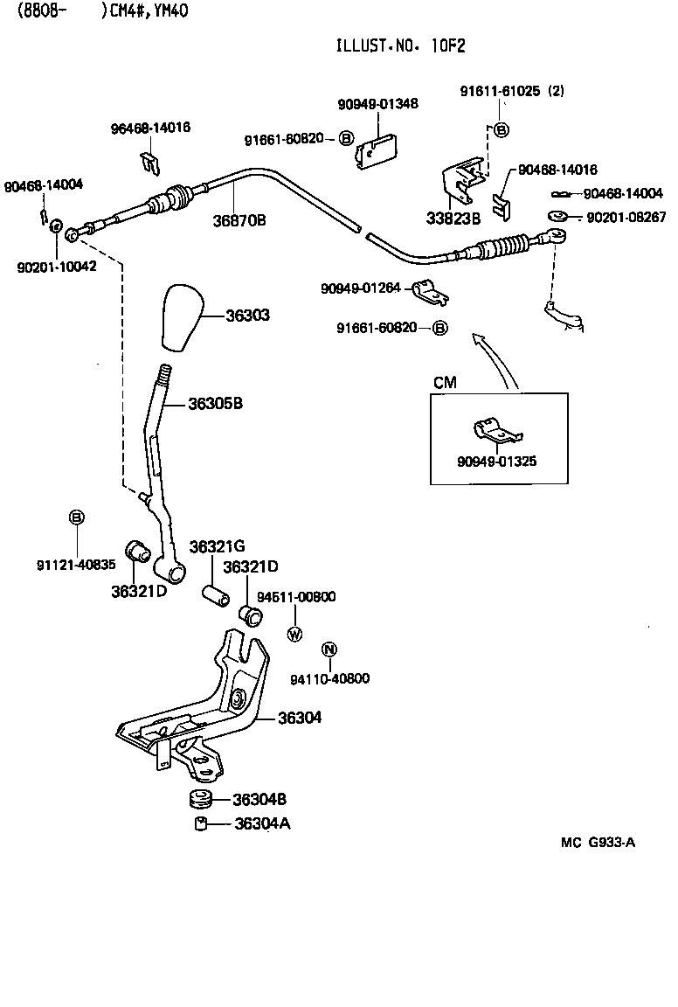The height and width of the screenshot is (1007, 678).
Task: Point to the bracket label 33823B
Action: (x=453, y=219)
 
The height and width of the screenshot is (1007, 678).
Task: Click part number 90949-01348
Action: (x=377, y=103)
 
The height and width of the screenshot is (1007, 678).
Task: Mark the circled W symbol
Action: (x=294, y=635)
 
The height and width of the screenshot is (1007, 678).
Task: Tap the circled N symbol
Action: (x=329, y=649)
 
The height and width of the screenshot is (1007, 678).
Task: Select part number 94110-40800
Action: (x=330, y=678)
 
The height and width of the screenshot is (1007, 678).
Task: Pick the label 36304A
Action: (x=262, y=823)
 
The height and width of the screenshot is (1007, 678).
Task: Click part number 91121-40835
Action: (x=76, y=565)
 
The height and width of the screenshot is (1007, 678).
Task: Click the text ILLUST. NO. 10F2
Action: (x=407, y=47)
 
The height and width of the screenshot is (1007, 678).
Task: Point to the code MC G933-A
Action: (x=598, y=843)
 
